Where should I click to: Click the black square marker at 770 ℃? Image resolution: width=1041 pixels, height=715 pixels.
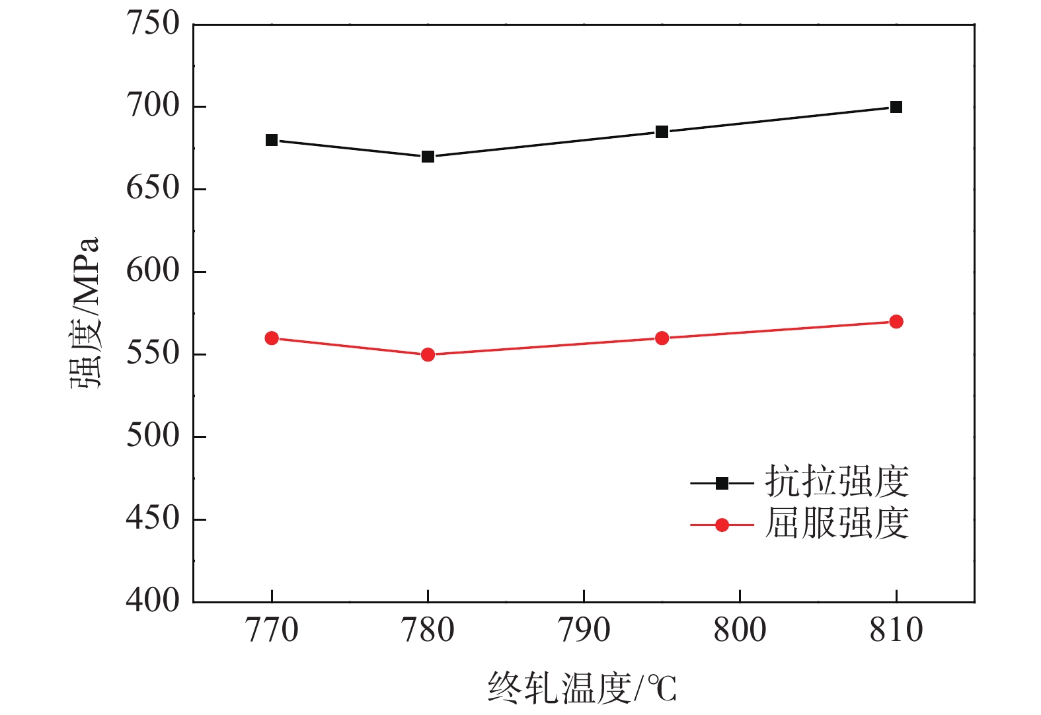click(x=272, y=140)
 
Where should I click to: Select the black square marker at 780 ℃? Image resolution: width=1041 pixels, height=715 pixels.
click(x=428, y=157)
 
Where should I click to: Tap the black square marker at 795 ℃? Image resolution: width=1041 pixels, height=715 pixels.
click(x=662, y=132)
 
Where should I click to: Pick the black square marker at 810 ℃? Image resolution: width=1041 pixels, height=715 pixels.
click(x=896, y=107)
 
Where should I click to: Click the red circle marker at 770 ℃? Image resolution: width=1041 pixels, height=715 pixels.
click(x=272, y=338)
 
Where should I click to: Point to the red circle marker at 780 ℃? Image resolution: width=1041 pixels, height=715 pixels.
click(x=428, y=355)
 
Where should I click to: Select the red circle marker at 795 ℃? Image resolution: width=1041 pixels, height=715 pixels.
click(x=662, y=338)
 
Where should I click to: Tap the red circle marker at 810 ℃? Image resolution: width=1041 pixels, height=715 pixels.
click(x=896, y=322)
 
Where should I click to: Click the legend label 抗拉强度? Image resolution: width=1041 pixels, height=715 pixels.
click(x=837, y=481)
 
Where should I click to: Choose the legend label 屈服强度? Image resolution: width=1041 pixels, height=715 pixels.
click(x=837, y=523)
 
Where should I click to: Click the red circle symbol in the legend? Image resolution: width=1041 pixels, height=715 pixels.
click(x=722, y=525)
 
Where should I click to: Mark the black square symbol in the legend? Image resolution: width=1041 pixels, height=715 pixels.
click(x=722, y=484)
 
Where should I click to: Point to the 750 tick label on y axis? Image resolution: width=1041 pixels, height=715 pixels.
click(x=153, y=24)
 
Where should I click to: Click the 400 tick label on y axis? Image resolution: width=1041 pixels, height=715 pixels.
click(x=153, y=601)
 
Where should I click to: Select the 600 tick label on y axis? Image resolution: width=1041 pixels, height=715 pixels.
click(x=153, y=271)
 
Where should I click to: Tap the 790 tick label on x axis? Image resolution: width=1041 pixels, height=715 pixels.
click(x=584, y=630)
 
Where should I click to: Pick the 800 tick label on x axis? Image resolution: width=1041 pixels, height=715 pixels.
click(x=740, y=630)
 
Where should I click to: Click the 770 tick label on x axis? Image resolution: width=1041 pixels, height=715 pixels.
click(x=272, y=630)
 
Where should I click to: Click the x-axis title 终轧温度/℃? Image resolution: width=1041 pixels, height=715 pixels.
click(x=582, y=688)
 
